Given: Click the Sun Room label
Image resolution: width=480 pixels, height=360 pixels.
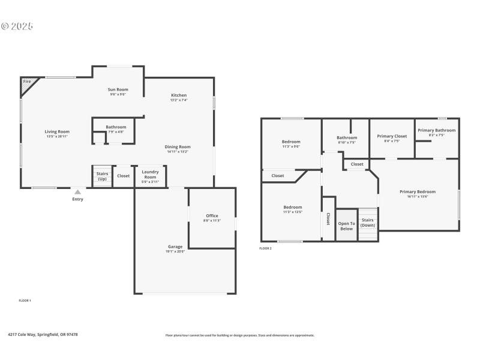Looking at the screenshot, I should point(118,89).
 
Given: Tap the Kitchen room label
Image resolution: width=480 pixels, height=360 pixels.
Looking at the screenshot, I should point(179,95).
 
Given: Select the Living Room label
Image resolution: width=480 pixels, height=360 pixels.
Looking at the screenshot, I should point(57,131).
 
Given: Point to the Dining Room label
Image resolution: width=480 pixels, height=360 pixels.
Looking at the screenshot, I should point(178,146).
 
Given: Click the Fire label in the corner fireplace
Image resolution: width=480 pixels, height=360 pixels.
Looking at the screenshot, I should point(27,81).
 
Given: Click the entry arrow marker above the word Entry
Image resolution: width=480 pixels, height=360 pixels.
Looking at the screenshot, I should point(77,192).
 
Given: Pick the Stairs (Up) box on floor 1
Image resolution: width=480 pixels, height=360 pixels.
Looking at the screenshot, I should point(102,176).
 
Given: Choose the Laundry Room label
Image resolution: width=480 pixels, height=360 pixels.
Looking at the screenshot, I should point(150,174).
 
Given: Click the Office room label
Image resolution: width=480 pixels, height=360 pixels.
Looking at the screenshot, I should point(212,215).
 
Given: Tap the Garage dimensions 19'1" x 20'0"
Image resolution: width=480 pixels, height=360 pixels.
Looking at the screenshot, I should point(175,251).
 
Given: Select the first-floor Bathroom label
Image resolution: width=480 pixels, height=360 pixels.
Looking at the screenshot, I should point(116,127).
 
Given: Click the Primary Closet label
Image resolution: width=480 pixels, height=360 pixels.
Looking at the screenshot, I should point(392,136).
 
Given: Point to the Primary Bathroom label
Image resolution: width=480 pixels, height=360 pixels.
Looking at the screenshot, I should point(436,130).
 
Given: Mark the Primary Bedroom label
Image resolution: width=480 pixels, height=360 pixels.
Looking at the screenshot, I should point(418,191).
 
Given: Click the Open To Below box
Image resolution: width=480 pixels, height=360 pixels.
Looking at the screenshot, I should point(346,226).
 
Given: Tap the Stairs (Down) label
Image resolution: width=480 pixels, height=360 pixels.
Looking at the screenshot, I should point(368,223).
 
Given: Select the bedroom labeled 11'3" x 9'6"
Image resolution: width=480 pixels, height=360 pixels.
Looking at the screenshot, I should point(291,142).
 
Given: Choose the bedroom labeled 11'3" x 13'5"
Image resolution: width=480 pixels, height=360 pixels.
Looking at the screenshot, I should point(293,207).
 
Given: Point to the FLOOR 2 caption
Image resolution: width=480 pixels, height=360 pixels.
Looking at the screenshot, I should point(265,248).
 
